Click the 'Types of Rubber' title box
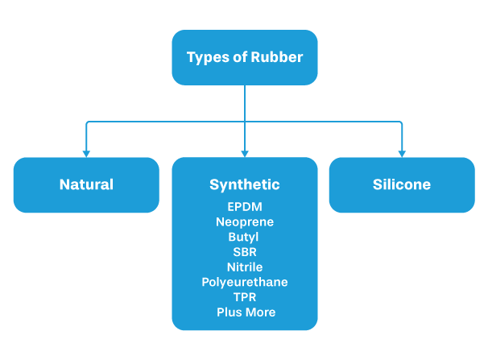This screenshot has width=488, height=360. pyautogui.click(x=244, y=58)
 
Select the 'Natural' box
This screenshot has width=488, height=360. pyautogui.click(x=86, y=184)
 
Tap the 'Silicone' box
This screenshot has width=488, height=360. pyautogui.click(x=401, y=184)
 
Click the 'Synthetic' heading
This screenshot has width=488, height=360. pyautogui.click(x=245, y=184)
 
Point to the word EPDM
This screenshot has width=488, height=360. pyautogui.click(x=245, y=207)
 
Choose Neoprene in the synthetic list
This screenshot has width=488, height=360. pyautogui.click(x=245, y=221)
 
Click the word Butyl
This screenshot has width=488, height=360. pyautogui.click(x=245, y=237)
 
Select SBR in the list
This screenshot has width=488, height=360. pyautogui.click(x=245, y=252)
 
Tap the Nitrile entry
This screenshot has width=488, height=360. pyautogui.click(x=245, y=267)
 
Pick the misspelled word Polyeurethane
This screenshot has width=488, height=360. pyautogui.click(x=245, y=282)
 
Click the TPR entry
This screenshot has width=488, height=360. pyautogui.click(x=245, y=296)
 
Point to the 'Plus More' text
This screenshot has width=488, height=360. pyautogui.click(x=245, y=312)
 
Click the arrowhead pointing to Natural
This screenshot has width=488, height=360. pyautogui.click(x=86, y=152)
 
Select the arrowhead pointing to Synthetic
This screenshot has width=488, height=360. pyautogui.click(x=245, y=152)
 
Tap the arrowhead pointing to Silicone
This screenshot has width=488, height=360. pyautogui.click(x=401, y=152)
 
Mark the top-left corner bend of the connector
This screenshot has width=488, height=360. pyautogui.click(x=87, y=122)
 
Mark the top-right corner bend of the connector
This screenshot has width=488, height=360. pyautogui.click(x=401, y=122)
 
